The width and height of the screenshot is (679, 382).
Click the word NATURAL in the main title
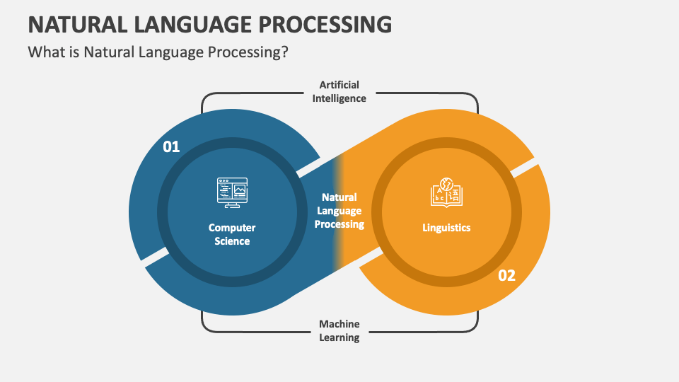click(x=78, y=24)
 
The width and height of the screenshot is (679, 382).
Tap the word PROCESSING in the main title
click(x=325, y=24)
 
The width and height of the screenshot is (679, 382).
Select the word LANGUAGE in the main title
click(x=193, y=24)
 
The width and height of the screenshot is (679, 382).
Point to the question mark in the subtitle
click(x=284, y=52)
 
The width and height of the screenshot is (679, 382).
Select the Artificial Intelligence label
click(x=339, y=91)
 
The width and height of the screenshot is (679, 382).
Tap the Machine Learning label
click(x=339, y=330)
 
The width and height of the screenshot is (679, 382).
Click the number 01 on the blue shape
click(x=171, y=147)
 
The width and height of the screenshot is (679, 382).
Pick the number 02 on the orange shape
click(x=506, y=275)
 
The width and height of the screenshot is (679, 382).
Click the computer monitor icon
click(x=232, y=192)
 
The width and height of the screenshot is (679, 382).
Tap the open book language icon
click(x=446, y=192)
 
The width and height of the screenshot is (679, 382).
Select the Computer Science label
click(x=232, y=234)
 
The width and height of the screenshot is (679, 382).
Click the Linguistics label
click(x=446, y=228)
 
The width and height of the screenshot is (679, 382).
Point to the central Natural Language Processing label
click(x=339, y=211)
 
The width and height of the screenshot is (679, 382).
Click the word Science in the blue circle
click(x=232, y=241)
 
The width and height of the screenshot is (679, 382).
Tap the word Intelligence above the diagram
click(x=339, y=98)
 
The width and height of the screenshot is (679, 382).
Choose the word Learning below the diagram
click(x=339, y=337)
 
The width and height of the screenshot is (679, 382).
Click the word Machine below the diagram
click(x=339, y=324)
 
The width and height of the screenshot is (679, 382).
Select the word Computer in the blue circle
click(x=232, y=228)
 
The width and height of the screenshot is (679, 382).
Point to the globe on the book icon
click(x=446, y=184)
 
